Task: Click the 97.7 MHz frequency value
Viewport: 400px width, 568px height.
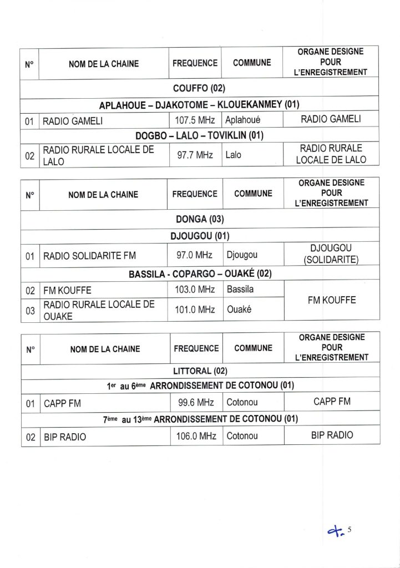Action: click(x=195, y=155)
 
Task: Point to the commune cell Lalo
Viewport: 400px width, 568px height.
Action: click(x=234, y=155)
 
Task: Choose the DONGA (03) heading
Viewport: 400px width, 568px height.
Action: click(x=199, y=219)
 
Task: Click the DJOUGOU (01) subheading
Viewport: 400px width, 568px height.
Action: click(x=199, y=236)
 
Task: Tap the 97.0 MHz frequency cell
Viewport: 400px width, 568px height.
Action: click(x=195, y=255)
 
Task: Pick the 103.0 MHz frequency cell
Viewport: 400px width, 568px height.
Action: click(x=195, y=289)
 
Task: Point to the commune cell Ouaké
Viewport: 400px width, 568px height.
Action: click(x=239, y=310)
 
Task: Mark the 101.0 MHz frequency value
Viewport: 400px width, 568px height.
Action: click(x=195, y=310)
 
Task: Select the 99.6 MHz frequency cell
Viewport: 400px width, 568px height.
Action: click(x=195, y=402)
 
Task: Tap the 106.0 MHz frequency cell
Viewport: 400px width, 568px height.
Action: click(x=195, y=436)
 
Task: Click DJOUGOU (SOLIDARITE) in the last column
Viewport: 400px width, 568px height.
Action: click(x=332, y=254)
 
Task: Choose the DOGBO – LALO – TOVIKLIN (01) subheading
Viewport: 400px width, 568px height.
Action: click(x=199, y=135)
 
